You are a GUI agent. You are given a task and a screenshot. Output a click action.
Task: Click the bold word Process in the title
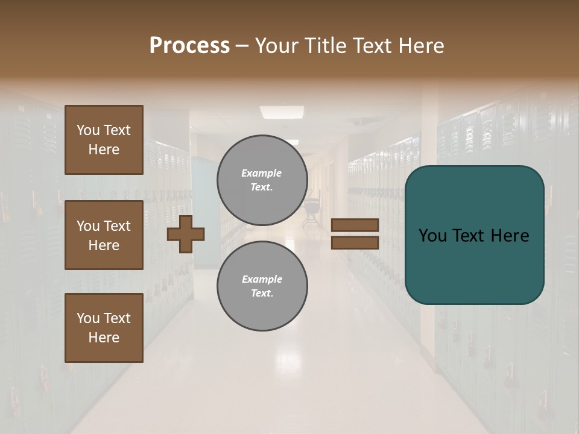(189, 46)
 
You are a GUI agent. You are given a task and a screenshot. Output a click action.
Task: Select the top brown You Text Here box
(104, 140)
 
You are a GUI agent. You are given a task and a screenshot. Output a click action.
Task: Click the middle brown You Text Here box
(104, 235)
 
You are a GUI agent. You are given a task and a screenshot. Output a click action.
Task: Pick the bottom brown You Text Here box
(104, 328)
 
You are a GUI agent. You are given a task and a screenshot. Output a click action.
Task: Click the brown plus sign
(186, 234)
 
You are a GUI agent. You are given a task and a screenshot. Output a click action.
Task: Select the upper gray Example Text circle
(262, 180)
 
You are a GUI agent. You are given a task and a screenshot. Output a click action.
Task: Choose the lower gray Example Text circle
(262, 286)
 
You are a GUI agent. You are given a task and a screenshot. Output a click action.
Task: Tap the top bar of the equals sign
(355, 225)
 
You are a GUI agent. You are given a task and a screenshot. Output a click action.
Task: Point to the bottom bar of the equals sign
(355, 242)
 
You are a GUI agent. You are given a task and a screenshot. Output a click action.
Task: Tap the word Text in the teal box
(475, 236)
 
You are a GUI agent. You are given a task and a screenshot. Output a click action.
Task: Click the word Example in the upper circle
(262, 173)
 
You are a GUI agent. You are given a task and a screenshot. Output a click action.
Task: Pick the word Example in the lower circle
(262, 279)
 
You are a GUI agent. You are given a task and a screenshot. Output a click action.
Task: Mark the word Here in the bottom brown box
(104, 338)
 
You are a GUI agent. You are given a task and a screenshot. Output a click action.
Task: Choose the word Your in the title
(277, 46)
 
